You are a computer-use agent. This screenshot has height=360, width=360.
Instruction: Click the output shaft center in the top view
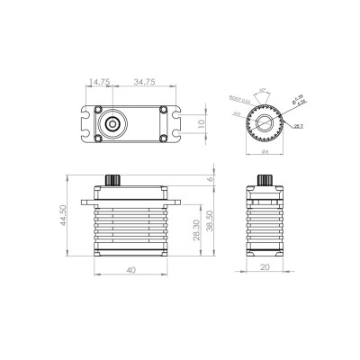tap(112, 121)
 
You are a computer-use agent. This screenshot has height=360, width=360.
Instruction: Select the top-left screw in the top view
tap(94, 110)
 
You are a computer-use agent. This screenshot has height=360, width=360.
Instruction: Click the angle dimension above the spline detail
tap(263, 91)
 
